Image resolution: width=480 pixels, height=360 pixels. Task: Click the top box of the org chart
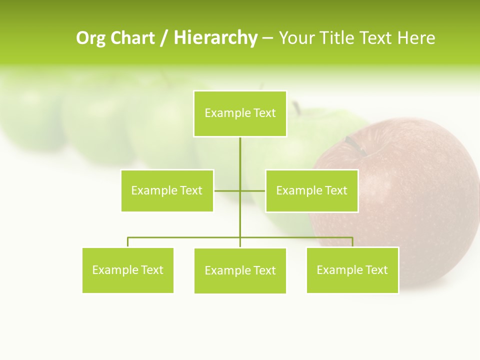(240, 113)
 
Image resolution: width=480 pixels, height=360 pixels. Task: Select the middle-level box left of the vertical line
(167, 190)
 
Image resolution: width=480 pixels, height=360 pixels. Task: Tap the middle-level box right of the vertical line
(311, 190)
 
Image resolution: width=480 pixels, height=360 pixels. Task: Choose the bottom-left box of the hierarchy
(128, 270)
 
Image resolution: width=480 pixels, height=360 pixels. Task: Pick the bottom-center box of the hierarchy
(240, 270)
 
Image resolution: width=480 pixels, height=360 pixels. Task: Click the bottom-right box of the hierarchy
(352, 270)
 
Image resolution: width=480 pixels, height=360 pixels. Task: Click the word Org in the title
(90, 38)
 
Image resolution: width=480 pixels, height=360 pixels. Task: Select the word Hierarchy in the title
(215, 38)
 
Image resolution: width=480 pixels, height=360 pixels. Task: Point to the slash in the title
(164, 38)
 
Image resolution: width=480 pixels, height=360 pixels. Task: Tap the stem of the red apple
(355, 145)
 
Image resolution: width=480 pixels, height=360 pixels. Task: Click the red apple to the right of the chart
(420, 190)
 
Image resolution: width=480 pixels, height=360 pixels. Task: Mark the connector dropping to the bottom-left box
(128, 242)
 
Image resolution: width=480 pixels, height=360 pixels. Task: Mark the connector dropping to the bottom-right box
(352, 242)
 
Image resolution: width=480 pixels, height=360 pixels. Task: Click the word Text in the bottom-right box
(376, 270)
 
